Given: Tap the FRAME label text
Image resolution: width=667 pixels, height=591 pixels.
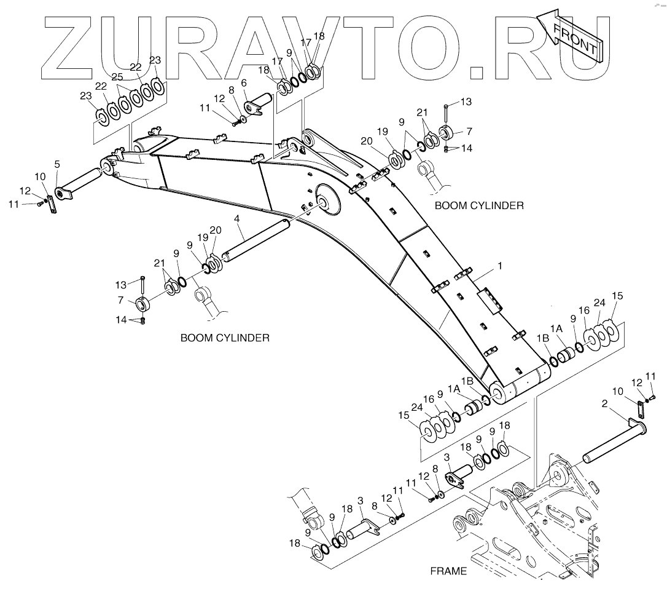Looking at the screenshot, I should (448, 571).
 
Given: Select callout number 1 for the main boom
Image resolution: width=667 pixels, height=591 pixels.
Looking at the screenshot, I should (501, 266).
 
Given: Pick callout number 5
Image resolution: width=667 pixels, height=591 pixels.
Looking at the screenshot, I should (57, 164).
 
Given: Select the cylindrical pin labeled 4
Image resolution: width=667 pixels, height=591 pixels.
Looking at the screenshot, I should (254, 244).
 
